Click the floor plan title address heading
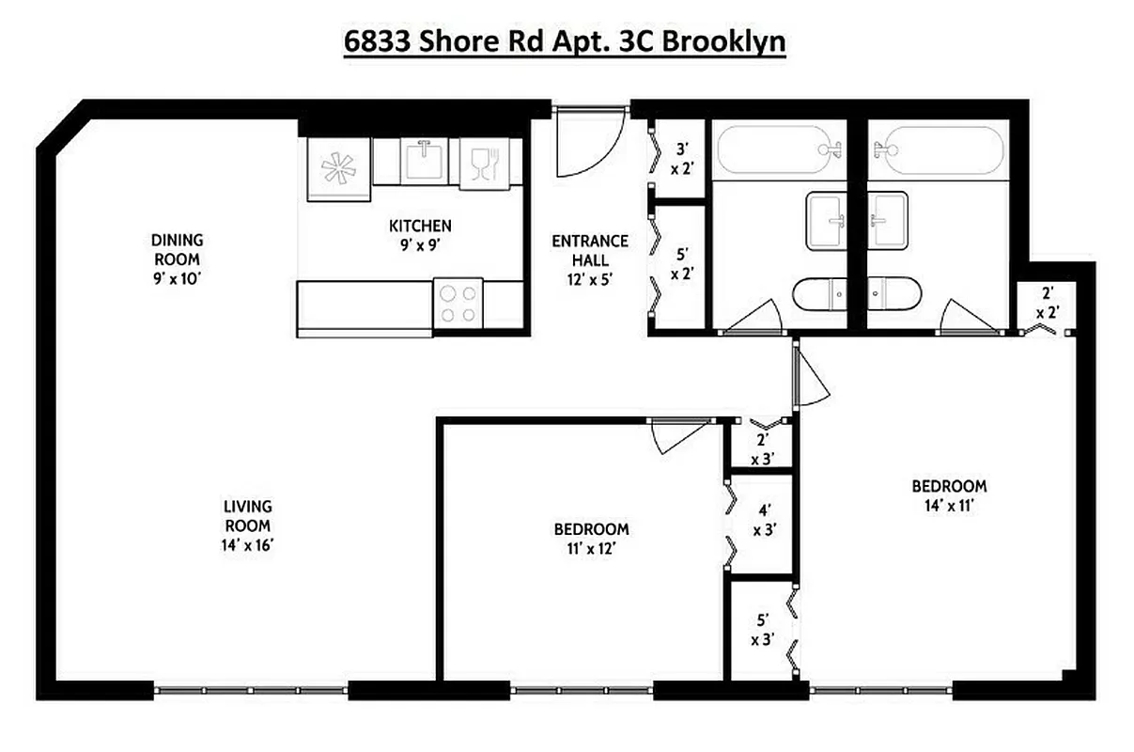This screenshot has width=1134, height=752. coord(564,43)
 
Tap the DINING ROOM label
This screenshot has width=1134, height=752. coord(177,249)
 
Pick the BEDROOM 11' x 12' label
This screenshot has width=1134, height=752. coord(591,538)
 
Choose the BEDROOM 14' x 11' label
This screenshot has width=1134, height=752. coord(949,495)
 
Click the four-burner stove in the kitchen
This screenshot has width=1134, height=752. coord(458,304)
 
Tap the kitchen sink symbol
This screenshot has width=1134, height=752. coord(427,160)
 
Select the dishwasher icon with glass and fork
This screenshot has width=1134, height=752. coord(482,164)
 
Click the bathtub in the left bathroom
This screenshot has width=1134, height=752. coord(778,149)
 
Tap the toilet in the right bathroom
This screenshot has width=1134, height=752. coord(893,294)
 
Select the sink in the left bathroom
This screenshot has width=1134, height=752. coord(827,221)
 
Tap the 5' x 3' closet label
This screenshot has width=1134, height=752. coord(763,630)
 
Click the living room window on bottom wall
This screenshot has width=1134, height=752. coord(251,691)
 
